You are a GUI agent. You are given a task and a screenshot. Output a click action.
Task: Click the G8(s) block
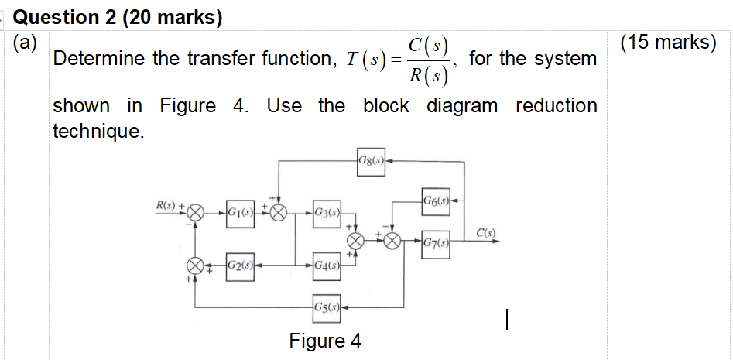tap(372, 161)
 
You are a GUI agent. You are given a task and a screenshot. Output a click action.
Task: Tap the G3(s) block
tap(327, 211)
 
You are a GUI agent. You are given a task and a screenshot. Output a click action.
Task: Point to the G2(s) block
tap(241, 266)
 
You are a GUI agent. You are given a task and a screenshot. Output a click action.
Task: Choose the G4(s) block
tap(327, 266)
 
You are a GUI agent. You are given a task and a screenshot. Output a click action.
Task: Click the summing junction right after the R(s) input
tap(197, 211)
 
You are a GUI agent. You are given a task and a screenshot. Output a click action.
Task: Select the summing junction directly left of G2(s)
tap(197, 266)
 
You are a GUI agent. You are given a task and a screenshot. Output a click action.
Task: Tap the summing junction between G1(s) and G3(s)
tap(279, 211)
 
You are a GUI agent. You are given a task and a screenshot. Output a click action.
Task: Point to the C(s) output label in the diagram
tap(487, 232)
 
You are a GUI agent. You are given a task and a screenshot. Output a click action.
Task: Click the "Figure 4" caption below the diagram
tap(324, 341)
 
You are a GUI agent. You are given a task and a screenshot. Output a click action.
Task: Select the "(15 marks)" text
tap(669, 43)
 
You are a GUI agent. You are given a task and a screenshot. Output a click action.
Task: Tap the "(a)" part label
tap(26, 43)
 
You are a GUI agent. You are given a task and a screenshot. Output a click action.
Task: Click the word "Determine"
tap(99, 59)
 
